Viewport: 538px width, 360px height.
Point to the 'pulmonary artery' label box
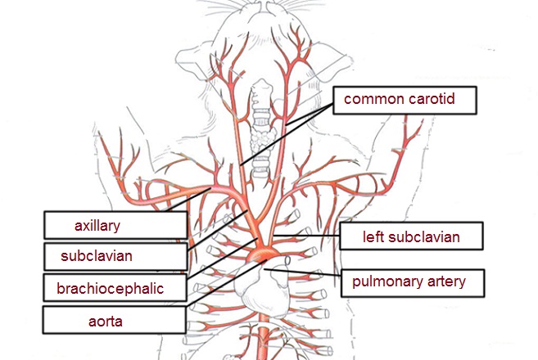(409, 282)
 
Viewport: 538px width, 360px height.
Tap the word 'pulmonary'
(383, 282)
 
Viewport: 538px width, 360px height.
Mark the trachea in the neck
(260, 155)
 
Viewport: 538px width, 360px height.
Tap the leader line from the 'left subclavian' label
(307, 236)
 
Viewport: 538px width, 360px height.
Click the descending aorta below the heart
(264, 335)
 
